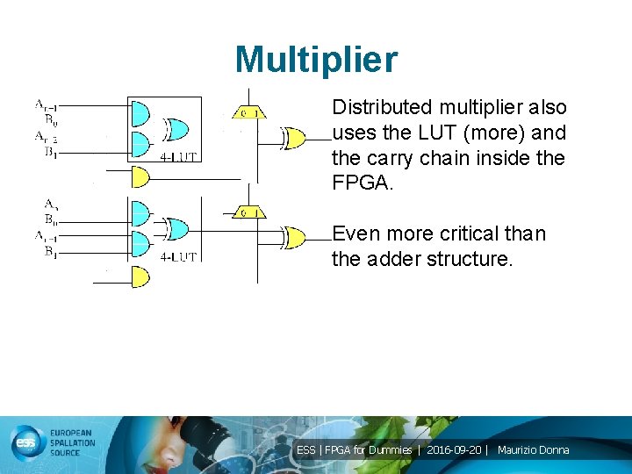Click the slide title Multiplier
316,60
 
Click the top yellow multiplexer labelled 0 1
248,112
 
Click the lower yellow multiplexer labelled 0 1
248,213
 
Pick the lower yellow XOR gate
294,237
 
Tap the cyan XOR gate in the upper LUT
176,129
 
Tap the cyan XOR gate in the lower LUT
176,229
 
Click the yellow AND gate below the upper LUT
140,177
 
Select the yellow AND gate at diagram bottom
140,277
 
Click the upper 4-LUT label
178,158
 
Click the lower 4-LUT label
178,257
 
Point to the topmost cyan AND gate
140,113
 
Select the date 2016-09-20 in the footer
454,450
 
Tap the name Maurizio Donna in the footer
533,450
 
